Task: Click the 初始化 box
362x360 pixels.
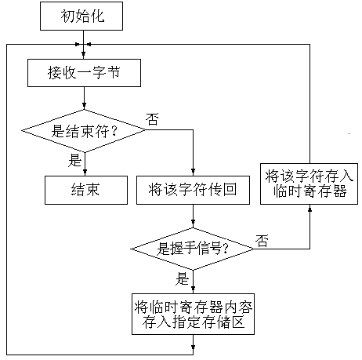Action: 81,16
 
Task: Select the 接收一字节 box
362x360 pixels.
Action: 84,73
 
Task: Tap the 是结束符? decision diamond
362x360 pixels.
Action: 84,131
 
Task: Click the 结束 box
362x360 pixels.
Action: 86,190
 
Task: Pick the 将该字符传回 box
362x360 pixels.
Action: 193,190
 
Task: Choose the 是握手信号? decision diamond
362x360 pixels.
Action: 193,249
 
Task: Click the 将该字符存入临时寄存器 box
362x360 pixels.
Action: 309,184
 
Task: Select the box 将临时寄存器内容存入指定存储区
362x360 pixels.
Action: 193,314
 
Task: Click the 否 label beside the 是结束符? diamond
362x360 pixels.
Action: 152,119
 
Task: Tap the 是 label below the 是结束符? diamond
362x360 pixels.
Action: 75,160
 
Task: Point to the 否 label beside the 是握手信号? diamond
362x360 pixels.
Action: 262,241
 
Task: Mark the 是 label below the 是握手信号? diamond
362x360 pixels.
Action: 183,278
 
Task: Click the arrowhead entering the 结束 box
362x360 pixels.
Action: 85,172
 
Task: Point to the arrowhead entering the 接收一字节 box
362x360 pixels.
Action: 83,55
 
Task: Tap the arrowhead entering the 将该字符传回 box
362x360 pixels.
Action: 193,172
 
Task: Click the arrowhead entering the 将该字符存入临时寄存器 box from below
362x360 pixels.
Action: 310,208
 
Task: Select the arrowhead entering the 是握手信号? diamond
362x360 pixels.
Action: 193,224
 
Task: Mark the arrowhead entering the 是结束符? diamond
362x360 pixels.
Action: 84,106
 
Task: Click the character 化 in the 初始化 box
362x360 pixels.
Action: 98,16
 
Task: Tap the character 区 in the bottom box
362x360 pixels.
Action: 237,322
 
